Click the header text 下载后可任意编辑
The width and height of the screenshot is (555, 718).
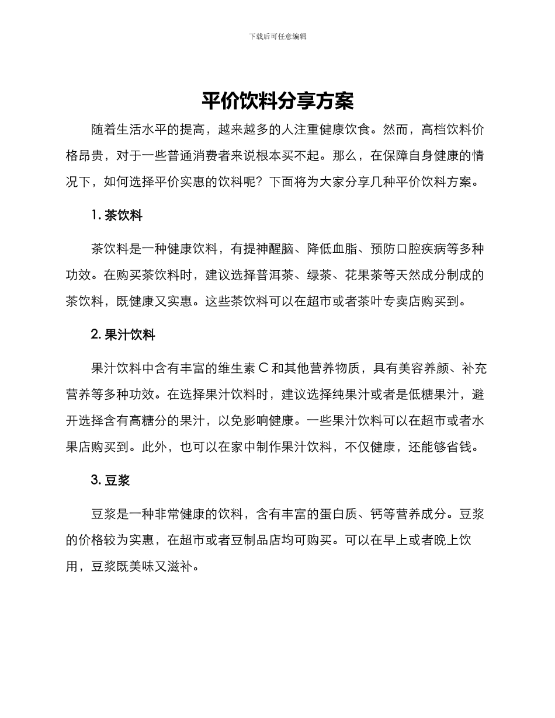pos(277,36)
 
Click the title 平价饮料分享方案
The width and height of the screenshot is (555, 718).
pos(277,102)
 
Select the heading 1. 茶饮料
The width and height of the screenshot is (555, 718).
pos(117,216)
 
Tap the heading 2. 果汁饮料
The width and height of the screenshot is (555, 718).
pos(123,335)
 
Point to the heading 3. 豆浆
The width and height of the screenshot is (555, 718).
pos(110,480)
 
